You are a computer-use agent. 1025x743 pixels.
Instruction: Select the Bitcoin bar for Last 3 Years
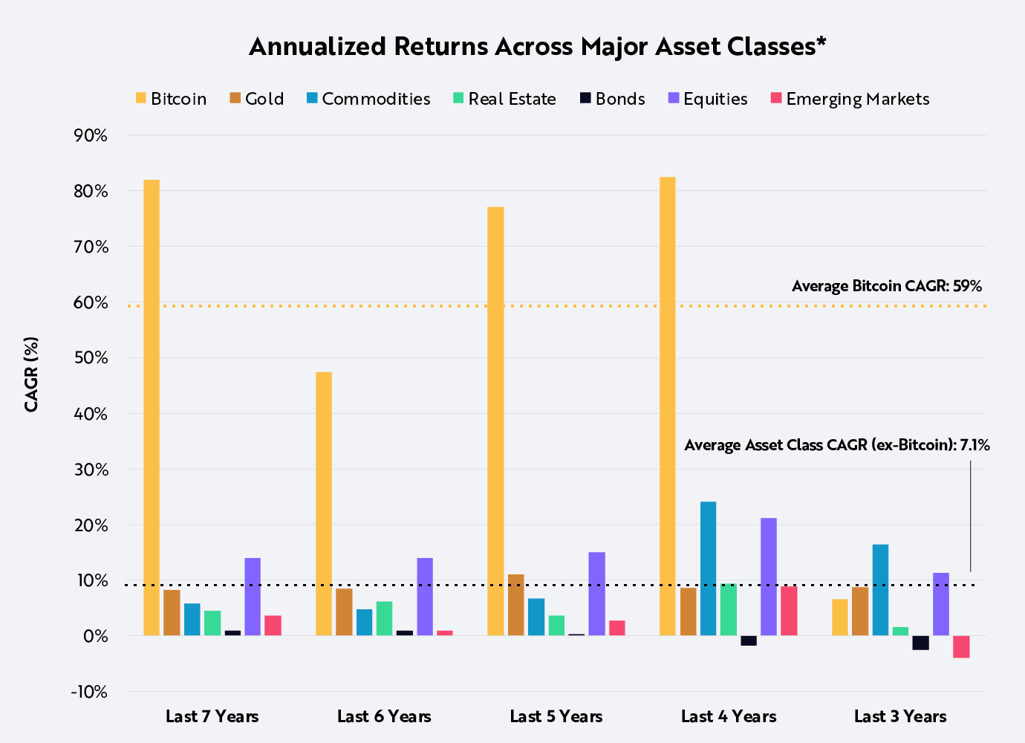[839, 617]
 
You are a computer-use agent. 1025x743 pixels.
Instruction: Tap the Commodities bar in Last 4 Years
[708, 568]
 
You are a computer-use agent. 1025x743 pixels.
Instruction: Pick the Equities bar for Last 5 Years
[596, 594]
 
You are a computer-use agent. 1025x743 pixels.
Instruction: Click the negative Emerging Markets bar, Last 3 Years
[961, 646]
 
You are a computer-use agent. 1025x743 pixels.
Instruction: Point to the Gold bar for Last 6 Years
[344, 612]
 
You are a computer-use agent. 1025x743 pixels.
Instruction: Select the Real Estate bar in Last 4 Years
[728, 610]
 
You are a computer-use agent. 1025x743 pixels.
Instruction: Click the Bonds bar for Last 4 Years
[749, 640]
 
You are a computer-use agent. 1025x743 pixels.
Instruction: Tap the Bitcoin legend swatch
[141, 99]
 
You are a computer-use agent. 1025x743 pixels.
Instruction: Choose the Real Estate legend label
[512, 99]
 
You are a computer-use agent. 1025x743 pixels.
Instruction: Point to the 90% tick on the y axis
[90, 136]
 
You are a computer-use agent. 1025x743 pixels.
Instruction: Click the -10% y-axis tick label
[89, 692]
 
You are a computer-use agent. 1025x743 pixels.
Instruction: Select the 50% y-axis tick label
[90, 358]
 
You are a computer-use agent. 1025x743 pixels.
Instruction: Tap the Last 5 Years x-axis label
[556, 716]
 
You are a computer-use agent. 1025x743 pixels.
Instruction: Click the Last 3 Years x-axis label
[899, 716]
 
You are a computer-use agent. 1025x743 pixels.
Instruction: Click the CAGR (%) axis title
[31, 374]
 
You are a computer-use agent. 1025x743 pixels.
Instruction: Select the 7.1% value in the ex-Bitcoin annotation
[974, 445]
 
